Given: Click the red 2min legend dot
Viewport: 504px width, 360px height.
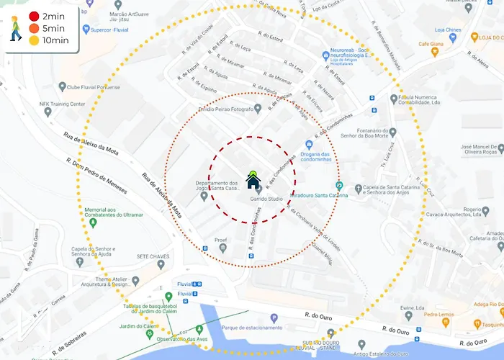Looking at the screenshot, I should [34, 16].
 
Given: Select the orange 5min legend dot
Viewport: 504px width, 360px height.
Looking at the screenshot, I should [34, 28].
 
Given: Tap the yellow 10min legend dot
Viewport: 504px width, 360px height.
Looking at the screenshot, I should [34, 40].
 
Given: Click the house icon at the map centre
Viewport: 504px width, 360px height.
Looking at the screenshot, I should [253, 180].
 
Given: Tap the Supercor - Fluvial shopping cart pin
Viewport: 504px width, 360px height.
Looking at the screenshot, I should [87, 30].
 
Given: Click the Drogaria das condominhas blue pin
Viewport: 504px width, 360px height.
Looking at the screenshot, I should [309, 145].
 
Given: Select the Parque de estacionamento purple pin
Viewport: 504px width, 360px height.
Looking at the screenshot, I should [274, 318].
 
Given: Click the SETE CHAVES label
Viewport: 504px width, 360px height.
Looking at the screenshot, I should [152, 256].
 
